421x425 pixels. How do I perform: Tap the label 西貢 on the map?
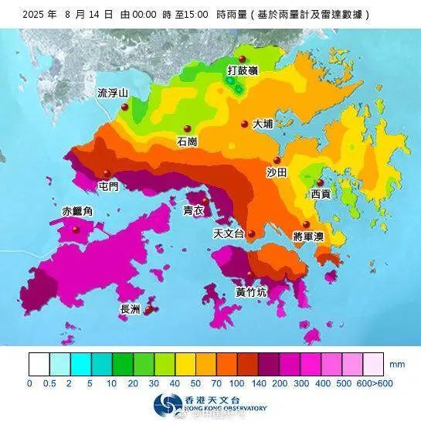point(320,194)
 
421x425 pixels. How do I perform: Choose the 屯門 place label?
point(109,186)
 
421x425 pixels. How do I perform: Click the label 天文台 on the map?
point(229,233)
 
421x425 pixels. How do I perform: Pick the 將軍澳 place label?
point(309,236)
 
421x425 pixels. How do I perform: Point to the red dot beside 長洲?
point(148,311)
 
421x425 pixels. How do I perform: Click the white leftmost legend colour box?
point(39,363)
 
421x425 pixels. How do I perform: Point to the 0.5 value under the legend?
point(50,382)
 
